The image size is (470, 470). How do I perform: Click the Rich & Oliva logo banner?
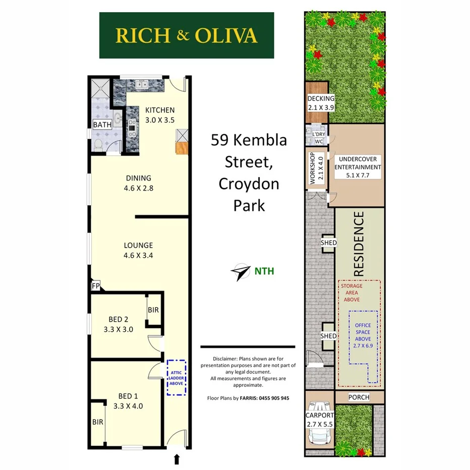(187, 35)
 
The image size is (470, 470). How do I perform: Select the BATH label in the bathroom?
(102, 125)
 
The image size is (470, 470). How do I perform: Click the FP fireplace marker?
(95, 286)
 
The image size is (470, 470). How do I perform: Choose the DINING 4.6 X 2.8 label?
(139, 183)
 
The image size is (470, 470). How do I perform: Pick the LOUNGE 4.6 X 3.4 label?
(139, 250)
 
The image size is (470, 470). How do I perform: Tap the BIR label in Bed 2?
(153, 310)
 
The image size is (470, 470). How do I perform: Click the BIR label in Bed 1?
(97, 422)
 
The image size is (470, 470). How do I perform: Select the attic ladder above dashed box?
(177, 376)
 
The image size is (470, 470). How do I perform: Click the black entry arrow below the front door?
(177, 459)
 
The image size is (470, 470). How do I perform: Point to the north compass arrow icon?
(241, 271)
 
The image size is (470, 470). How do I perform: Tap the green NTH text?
(264, 271)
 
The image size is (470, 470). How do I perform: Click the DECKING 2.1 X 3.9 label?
(321, 103)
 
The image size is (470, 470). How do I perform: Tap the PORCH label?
(359, 397)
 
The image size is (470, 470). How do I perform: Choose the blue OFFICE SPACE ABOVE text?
(363, 332)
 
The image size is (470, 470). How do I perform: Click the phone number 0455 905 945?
(271, 398)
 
